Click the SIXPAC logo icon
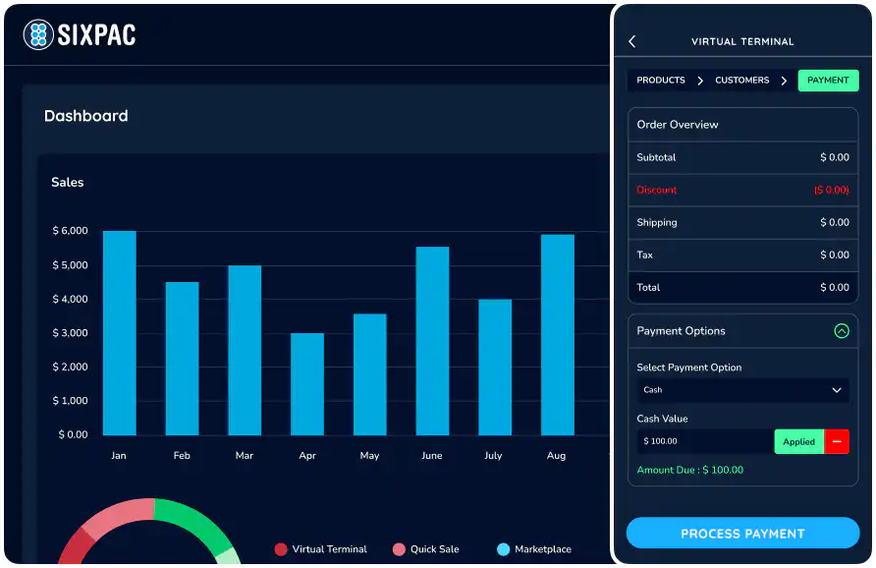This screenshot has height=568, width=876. pyautogui.click(x=37, y=35)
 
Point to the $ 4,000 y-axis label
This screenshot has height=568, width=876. pyautogui.click(x=71, y=299)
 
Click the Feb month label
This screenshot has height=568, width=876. pyautogui.click(x=182, y=456)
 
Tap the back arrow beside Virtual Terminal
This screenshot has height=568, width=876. pyautogui.click(x=632, y=41)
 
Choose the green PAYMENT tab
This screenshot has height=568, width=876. pyautogui.click(x=828, y=81)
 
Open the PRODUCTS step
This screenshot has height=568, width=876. pyautogui.click(x=661, y=81)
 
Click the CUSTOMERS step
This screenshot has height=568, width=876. pyautogui.click(x=741, y=81)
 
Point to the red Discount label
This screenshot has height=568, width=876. pyautogui.click(x=657, y=190)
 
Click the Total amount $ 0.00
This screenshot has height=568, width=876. pyautogui.click(x=835, y=288)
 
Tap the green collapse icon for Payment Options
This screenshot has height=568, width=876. pyautogui.click(x=841, y=331)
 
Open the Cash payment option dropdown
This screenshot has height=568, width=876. pyautogui.click(x=742, y=390)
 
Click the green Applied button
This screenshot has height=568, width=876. pyautogui.click(x=798, y=442)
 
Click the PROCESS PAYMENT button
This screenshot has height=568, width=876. pyautogui.click(x=742, y=534)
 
